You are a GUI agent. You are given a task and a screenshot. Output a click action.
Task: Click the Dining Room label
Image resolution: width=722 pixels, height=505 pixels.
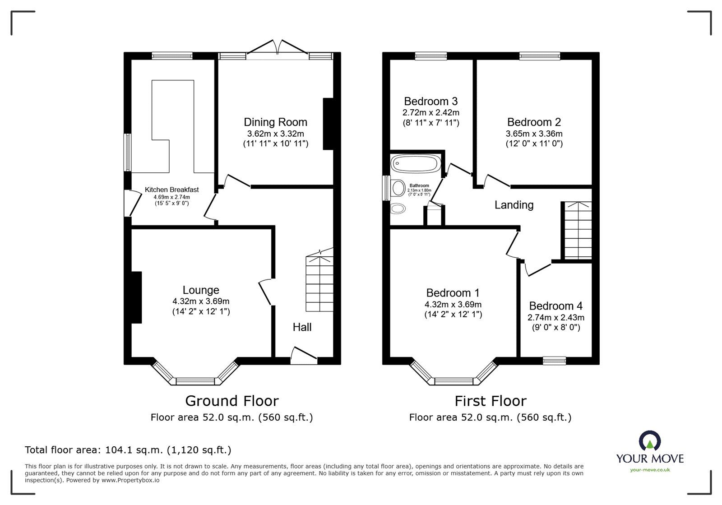(275, 122)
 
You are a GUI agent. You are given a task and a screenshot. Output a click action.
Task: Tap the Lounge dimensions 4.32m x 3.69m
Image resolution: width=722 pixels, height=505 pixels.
(201, 301)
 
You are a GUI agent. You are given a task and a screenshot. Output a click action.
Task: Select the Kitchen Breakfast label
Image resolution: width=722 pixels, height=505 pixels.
(172, 190)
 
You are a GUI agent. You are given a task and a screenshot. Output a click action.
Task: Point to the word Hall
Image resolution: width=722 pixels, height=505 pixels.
(302, 327)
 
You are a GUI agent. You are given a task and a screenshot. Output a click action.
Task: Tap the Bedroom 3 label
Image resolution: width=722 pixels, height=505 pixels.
(430, 101)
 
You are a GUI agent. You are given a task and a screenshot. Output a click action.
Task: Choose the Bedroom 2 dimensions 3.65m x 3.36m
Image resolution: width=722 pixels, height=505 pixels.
(534, 134)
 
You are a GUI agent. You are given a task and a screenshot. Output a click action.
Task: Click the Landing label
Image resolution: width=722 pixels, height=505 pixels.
(514, 205)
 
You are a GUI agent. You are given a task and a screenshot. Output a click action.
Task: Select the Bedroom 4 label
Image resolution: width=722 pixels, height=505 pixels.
(555, 306)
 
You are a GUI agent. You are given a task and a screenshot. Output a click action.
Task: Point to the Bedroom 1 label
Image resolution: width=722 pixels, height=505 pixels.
(453, 292)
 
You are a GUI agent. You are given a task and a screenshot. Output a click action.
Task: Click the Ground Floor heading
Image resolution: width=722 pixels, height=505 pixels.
(232, 401)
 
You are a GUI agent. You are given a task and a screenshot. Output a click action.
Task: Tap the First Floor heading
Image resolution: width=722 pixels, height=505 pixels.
(490, 401)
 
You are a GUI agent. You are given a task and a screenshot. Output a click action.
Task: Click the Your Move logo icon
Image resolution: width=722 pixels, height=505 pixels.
(650, 440)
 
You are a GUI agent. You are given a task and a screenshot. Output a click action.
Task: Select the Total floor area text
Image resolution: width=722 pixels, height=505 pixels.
(128, 450)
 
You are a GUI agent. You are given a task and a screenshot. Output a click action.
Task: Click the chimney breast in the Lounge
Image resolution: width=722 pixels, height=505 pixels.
(136, 297)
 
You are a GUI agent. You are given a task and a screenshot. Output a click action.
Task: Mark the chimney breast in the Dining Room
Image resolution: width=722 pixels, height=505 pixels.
(328, 124)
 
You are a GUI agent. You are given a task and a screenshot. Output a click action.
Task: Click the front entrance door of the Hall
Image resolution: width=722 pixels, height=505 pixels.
(304, 357)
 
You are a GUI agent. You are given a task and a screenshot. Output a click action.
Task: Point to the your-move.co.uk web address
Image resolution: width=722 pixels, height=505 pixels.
(650, 470)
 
